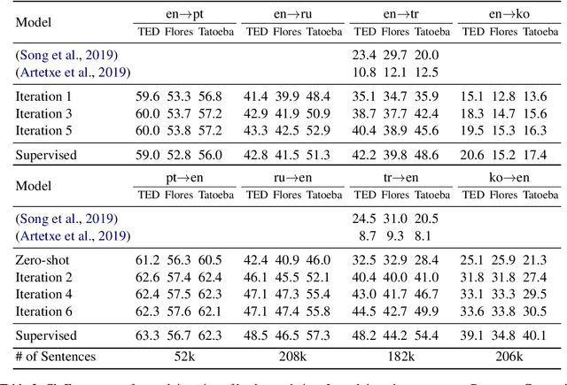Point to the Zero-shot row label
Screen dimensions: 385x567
(42, 259)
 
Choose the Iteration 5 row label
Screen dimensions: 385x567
(45, 130)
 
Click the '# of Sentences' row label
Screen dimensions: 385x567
(54, 356)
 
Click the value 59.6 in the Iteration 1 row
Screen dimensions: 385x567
(147, 96)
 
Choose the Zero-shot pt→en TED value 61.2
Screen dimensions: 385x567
(147, 259)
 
